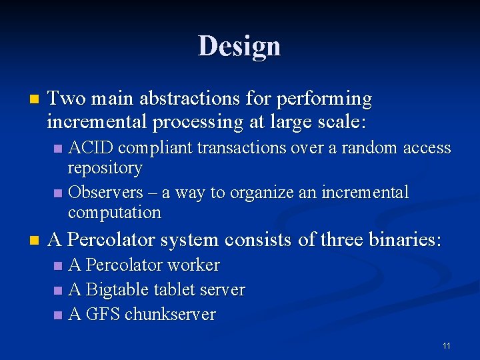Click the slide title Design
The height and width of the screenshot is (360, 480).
239,46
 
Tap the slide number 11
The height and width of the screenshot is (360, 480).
446,345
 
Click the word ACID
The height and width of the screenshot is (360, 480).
91,147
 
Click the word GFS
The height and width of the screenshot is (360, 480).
102,315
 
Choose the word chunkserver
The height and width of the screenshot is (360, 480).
169,315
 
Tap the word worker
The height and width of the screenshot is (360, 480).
193,265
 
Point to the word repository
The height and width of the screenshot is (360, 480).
105,168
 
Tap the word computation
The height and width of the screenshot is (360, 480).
114,213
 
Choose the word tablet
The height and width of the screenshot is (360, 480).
171,290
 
